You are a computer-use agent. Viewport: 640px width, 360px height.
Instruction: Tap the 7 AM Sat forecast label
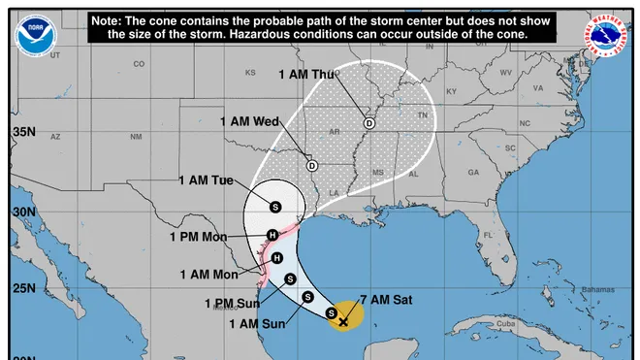(386, 301)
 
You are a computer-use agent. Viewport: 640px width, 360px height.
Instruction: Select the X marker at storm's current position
(343, 320)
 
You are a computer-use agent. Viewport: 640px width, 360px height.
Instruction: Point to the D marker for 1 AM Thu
(369, 123)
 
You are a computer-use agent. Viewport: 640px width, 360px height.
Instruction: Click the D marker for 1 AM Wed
(311, 165)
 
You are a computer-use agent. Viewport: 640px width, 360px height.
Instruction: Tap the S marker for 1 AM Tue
(274, 207)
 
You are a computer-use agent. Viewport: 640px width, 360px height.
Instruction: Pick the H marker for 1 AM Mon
(277, 257)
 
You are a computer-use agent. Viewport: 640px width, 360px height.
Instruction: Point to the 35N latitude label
(23, 132)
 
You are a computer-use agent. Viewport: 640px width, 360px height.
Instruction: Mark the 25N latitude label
(23, 289)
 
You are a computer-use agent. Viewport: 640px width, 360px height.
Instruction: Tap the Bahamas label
(598, 290)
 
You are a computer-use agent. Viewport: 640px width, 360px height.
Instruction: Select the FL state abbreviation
(490, 235)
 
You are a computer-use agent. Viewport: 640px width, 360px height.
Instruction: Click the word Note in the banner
(107, 20)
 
